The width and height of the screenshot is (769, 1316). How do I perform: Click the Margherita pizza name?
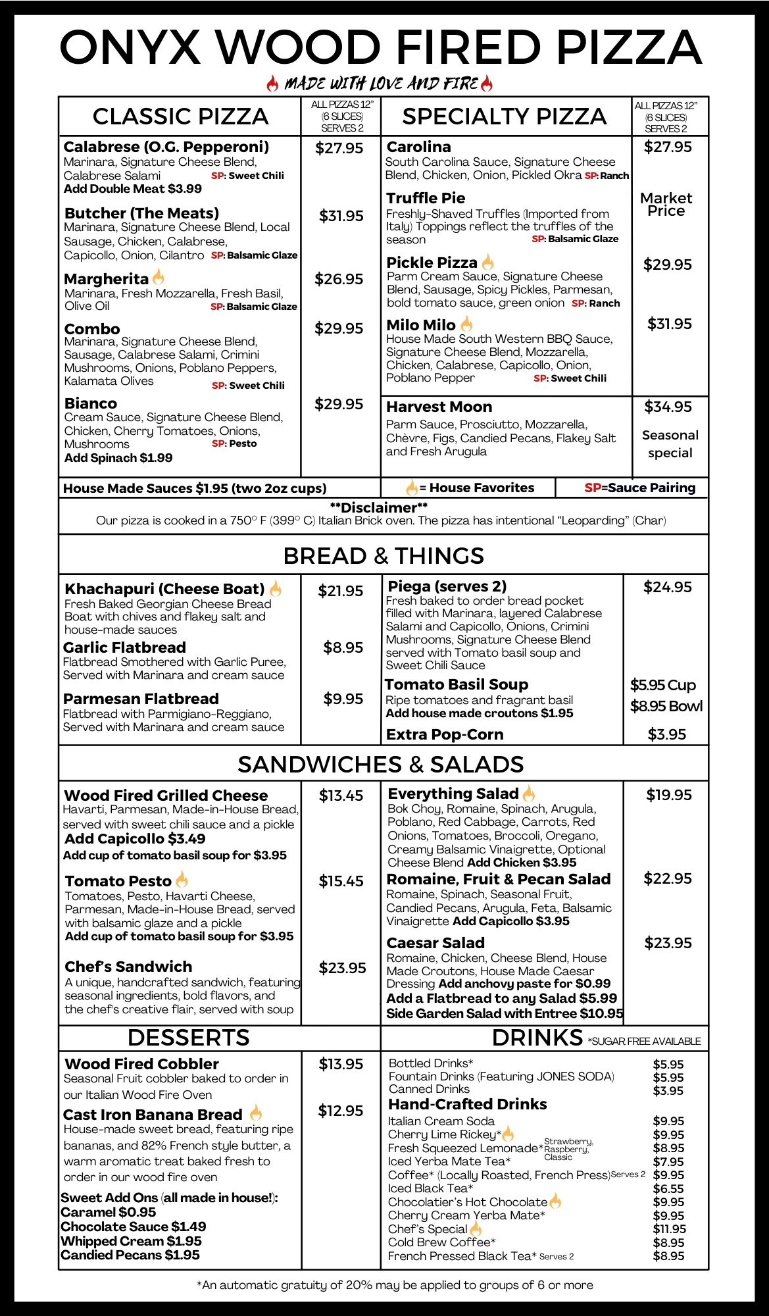[x=107, y=279]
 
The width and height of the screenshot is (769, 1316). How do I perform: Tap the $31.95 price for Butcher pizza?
[x=341, y=216]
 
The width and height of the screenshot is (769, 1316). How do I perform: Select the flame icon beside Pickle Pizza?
[x=487, y=262]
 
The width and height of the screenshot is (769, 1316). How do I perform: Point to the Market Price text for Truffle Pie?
[x=666, y=205]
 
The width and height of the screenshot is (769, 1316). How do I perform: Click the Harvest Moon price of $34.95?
[x=668, y=407]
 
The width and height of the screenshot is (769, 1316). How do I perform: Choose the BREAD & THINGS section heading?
[x=384, y=556]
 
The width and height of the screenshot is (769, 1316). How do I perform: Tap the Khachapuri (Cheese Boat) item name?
[x=164, y=589]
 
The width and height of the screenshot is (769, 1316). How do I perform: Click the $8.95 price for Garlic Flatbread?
[x=343, y=647]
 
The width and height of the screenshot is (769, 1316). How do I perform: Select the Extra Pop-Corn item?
[x=445, y=734]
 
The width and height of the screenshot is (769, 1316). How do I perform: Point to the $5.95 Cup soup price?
[x=663, y=685]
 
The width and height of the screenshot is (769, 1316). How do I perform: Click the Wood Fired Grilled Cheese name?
[x=166, y=796]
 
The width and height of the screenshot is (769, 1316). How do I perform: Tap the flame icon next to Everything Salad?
[x=529, y=794]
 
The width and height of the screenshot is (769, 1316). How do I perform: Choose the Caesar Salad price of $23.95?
[x=668, y=943]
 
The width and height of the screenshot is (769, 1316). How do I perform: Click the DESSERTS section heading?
[x=189, y=1038]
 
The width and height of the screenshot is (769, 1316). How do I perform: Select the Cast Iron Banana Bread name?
[x=153, y=1115]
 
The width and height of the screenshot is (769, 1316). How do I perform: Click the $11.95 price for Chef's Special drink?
[x=669, y=1229]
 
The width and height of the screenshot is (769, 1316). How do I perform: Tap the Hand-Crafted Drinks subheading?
[x=468, y=1104]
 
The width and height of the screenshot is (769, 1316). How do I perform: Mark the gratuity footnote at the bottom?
[x=395, y=1285]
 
